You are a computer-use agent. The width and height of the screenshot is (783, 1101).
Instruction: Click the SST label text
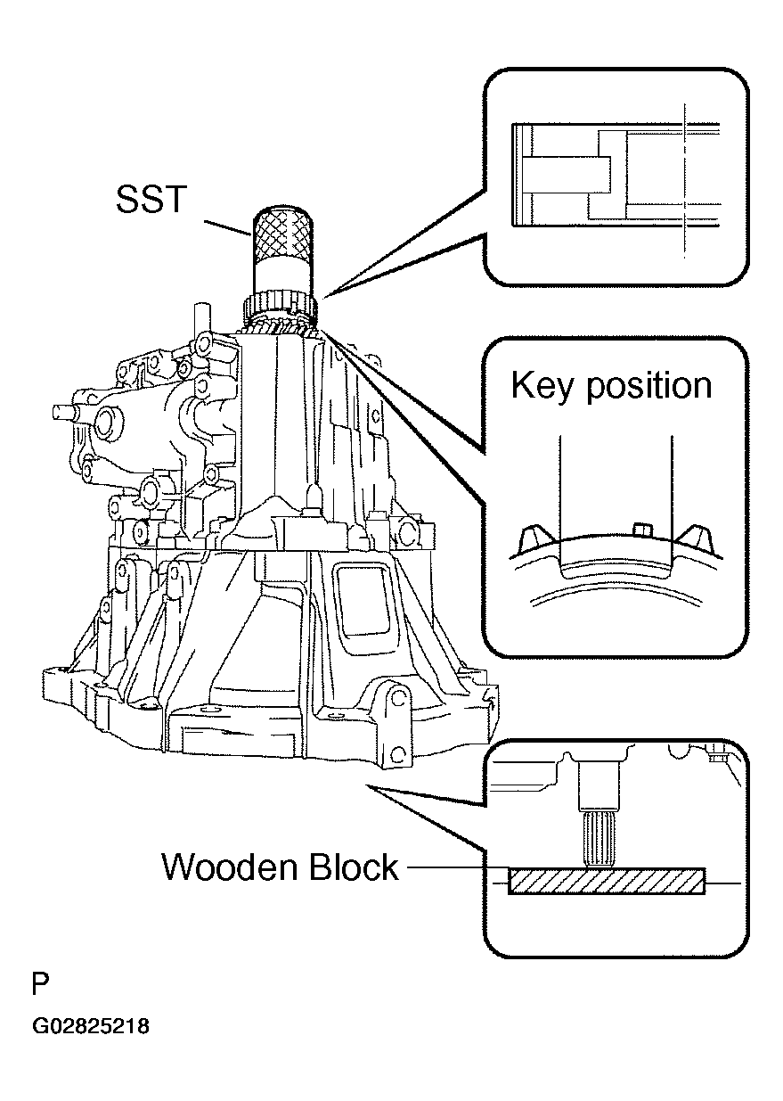151,199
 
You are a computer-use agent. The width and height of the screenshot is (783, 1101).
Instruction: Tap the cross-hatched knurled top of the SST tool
282,232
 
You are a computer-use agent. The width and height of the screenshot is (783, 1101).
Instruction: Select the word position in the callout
649,387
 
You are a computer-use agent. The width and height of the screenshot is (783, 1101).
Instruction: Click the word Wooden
230,867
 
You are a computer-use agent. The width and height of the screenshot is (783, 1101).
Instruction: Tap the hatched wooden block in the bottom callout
607,881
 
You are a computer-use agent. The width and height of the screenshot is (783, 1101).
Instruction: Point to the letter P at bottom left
41,984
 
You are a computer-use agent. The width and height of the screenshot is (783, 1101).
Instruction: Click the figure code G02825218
91,1027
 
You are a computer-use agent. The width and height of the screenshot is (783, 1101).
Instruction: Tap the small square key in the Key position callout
642,530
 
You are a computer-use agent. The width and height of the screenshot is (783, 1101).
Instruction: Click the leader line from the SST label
228,228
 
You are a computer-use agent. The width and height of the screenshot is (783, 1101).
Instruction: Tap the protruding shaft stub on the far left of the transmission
63,411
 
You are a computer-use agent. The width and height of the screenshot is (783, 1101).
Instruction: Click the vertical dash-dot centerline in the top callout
684,181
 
